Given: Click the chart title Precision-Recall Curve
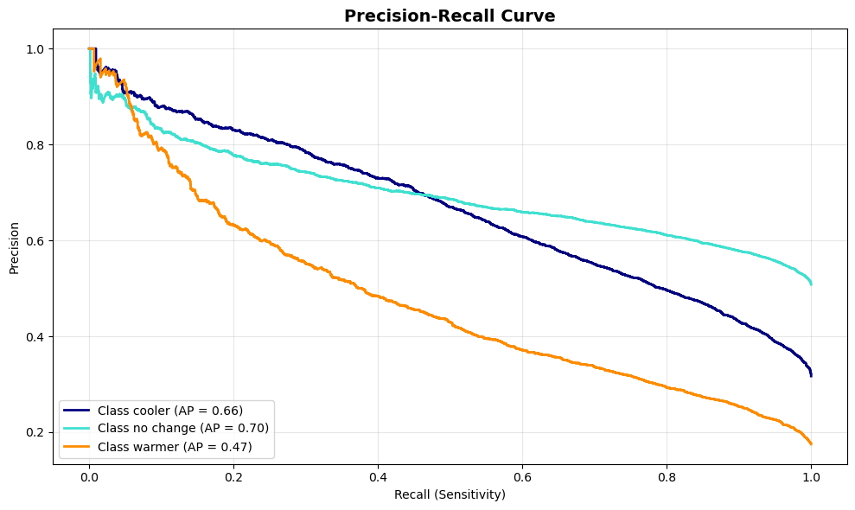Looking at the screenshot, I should point(450,16).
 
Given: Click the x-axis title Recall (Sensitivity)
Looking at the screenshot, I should point(450,495).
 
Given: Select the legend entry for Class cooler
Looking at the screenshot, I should point(170,410).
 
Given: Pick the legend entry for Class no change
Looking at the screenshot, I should point(183,428).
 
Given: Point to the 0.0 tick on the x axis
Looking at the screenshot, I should point(89,476).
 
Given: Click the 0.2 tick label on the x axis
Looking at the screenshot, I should point(233,476).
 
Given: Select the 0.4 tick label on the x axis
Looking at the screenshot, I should point(378,476).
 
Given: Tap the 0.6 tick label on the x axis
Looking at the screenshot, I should point(522,476).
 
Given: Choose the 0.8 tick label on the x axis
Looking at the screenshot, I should point(667,476).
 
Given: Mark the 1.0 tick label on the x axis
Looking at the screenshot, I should point(811,476).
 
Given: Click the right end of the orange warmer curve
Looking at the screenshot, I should point(811,443).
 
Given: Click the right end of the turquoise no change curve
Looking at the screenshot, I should point(811,283).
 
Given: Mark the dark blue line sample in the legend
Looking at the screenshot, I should point(78,410).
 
